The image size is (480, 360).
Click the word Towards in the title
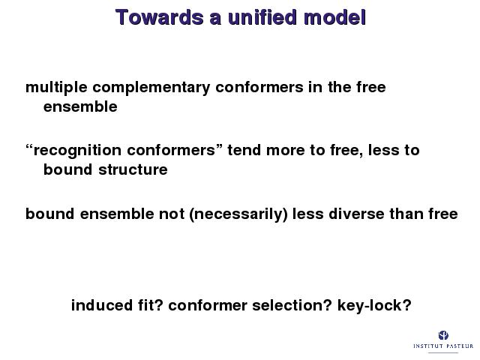tap(160, 17)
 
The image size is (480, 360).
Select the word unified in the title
tap(262, 17)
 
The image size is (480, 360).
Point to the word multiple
tap(56, 88)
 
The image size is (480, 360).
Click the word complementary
tap(151, 88)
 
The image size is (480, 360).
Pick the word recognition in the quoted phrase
tap(77, 151)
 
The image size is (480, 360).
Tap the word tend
tap(244, 150)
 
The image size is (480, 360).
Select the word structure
tap(133, 169)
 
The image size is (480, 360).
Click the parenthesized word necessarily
tap(238, 214)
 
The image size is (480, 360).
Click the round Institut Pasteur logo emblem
tap(443, 335)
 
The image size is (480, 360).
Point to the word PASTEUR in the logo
tap(459, 346)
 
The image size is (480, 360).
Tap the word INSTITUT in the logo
tap(428, 346)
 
